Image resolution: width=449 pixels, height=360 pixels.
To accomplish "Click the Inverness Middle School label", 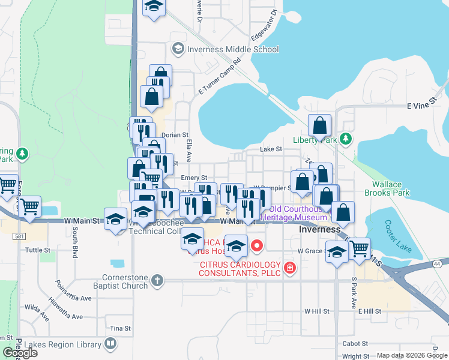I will [233, 49].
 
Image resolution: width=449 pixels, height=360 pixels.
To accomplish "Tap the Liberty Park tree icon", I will [345, 139].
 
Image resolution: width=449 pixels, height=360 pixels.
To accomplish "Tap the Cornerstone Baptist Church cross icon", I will [157, 280].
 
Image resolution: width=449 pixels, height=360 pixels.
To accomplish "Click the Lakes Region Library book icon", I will [110, 344].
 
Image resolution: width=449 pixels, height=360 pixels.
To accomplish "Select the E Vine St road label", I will [420, 106].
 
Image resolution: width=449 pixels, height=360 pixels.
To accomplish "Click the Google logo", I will [20, 353].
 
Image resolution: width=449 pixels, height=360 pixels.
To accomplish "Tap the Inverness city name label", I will [321, 230].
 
